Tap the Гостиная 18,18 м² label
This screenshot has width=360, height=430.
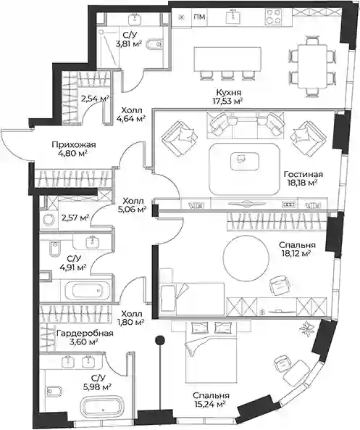point(303,178)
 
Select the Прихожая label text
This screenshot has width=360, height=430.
point(74,144)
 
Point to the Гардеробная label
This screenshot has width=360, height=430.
point(85,334)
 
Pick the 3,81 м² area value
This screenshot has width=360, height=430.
point(128,44)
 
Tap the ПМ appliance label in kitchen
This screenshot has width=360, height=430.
point(199,17)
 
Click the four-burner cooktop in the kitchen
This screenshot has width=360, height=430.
point(273,16)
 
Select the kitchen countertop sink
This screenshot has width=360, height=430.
point(233,15)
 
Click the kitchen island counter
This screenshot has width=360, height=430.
point(227,59)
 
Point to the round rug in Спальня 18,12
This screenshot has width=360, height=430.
point(246,257)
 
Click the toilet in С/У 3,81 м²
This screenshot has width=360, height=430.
point(154,44)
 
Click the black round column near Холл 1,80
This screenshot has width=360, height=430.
point(160,340)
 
